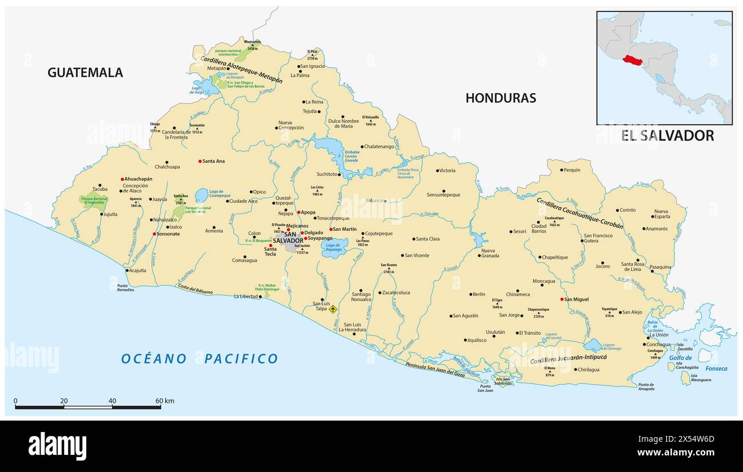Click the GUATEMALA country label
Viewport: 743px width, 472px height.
coord(85,73)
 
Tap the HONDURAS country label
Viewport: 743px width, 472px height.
coord(501,98)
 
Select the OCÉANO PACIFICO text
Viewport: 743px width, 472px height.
coord(199,359)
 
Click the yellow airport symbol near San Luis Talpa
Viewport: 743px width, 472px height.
coord(333,309)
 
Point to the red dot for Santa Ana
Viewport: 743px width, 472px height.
coord(200,161)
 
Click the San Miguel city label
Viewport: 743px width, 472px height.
coord(577,299)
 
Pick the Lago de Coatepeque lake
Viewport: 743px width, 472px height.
coord(201,196)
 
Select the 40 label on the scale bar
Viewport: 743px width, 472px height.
coord(112,401)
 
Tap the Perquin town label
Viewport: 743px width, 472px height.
coord(572,170)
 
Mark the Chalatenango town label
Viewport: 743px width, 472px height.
coord(380,146)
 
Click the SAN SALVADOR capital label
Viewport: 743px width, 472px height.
coord(288,238)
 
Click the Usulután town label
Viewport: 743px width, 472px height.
coord(495,332)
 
